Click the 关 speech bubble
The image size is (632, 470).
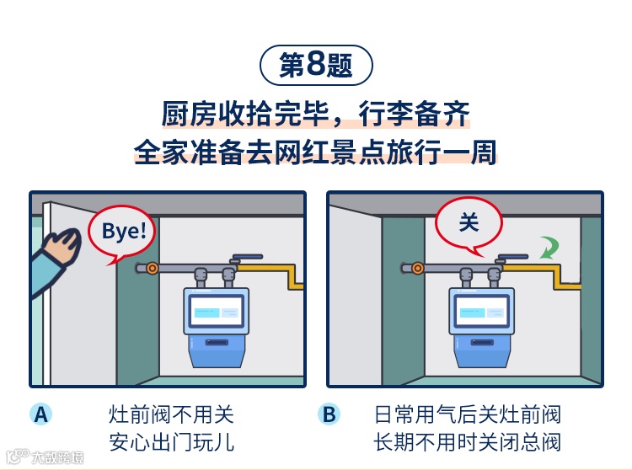[469, 223]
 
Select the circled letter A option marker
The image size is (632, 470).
[40, 414]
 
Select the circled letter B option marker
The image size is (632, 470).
[329, 414]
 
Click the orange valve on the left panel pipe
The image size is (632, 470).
[152, 269]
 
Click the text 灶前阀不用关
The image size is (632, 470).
[171, 414]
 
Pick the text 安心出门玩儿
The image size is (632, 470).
[171, 441]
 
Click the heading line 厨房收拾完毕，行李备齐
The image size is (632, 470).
[316, 114]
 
